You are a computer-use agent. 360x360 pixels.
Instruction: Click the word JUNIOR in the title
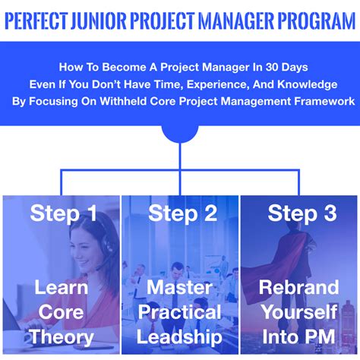point(98,20)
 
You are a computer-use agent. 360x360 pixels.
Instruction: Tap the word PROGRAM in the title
point(317,20)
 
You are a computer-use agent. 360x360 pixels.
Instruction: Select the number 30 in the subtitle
point(272,67)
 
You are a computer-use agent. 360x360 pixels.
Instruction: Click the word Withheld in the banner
point(123,101)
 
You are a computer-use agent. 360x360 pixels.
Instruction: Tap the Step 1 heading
point(63,213)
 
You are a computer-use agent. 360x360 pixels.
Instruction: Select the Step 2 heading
point(183,213)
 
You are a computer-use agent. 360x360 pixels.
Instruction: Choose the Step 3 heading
point(302,213)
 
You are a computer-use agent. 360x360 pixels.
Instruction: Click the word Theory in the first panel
point(62,337)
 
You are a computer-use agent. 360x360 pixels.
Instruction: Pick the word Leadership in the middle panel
point(179,337)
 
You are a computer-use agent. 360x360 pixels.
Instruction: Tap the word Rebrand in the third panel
point(298,287)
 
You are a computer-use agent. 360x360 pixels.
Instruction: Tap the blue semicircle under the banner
point(180,134)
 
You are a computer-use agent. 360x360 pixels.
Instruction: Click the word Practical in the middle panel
point(179,312)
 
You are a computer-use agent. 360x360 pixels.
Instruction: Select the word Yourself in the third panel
point(299,312)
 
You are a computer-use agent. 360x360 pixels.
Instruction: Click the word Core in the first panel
point(61,312)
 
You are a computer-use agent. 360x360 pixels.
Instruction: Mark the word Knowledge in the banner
point(307,84)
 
